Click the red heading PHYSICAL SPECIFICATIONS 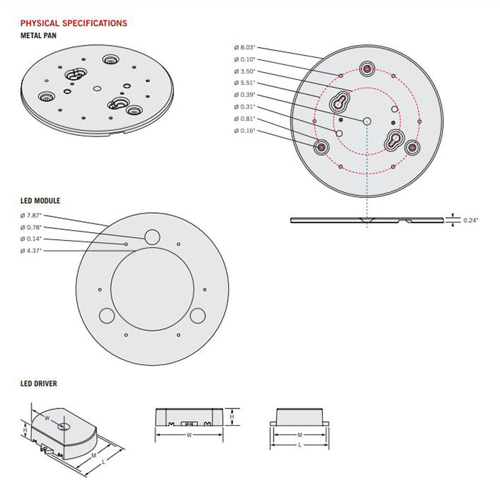coord(74,24)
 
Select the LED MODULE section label coord(40,201)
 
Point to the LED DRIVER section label coord(39,384)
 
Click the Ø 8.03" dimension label coord(244,48)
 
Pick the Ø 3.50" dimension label coord(244,71)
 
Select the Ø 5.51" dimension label coord(244,84)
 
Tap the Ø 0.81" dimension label coord(244,119)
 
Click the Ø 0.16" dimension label coord(244,131)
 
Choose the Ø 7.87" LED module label coord(31,216)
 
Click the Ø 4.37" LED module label coord(31,251)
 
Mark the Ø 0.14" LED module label coord(31,239)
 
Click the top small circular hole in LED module coord(152,236)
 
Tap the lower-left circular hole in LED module coord(106,314)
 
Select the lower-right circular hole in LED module coord(199,314)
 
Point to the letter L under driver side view coord(300,444)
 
